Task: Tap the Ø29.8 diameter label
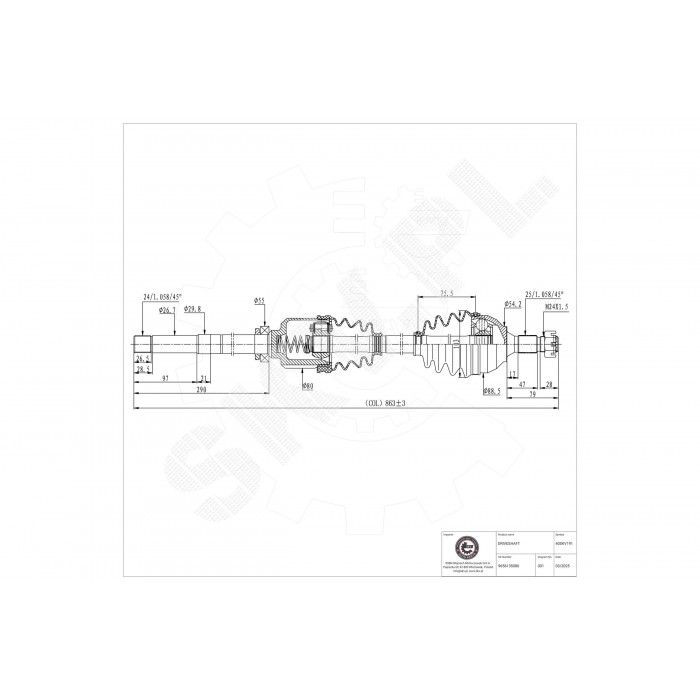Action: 194,310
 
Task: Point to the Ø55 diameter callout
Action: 259,301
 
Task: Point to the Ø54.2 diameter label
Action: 514,305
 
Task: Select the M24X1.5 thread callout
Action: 555,309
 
